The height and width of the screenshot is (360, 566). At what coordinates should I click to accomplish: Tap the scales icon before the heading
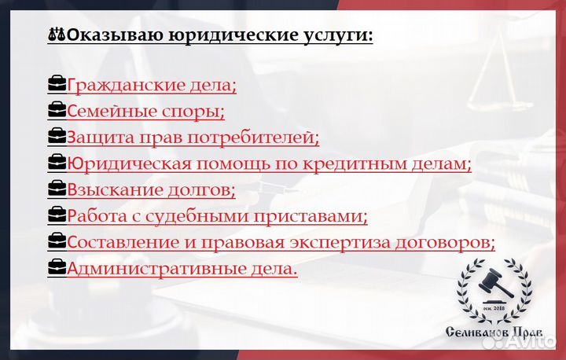coord(57,35)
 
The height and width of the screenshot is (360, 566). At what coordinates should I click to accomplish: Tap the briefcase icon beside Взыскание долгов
coord(57,189)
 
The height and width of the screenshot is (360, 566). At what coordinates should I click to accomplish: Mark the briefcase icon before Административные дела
coord(57,268)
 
